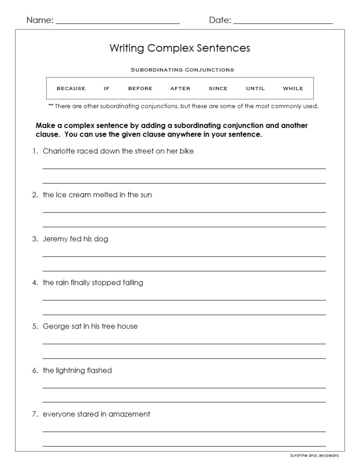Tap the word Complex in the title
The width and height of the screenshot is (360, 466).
170,48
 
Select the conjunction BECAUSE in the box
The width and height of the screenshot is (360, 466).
71,88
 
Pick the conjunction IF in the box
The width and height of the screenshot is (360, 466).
106,88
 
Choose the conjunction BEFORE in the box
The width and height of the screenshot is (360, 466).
140,88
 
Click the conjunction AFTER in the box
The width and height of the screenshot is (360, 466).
180,88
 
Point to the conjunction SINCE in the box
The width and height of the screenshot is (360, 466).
218,88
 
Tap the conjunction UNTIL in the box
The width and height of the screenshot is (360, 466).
255,88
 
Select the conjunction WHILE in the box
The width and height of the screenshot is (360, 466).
293,88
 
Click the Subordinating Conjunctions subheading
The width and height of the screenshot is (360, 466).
182,70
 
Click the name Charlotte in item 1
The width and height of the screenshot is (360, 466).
59,151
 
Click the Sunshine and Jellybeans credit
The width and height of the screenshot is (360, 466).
314,455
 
